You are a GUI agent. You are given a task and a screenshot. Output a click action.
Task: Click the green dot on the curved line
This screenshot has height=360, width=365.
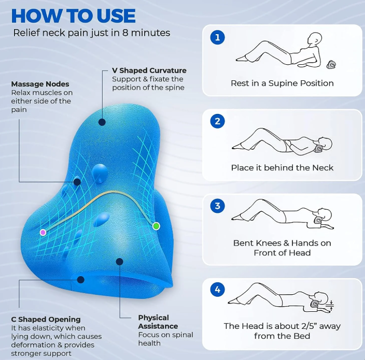tap(156, 226)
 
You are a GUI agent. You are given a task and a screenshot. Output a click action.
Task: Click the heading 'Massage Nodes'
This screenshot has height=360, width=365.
tap(40, 84)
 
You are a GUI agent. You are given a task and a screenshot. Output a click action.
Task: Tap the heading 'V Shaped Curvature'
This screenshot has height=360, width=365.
tap(149, 70)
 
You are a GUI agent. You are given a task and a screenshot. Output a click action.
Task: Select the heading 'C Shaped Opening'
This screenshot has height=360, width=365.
tap(46, 319)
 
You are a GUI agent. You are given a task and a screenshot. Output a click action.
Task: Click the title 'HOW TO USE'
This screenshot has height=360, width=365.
tap(73, 16)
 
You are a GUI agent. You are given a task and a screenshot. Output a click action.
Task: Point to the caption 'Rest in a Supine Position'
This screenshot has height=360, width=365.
tap(282, 83)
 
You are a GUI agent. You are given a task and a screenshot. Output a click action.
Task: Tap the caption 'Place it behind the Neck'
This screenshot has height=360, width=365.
tap(282, 167)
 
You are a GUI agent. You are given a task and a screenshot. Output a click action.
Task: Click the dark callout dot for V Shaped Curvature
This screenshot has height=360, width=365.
tap(102, 122)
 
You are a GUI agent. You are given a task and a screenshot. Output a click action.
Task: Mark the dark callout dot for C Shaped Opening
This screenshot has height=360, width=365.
tap(80, 280)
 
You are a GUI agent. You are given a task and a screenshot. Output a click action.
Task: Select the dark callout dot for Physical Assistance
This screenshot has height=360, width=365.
tap(120, 262)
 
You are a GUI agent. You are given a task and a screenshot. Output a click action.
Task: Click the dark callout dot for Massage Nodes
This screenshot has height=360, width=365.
tap(77, 182)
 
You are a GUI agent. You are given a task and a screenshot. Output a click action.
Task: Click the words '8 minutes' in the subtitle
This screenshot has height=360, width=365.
tap(148, 33)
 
